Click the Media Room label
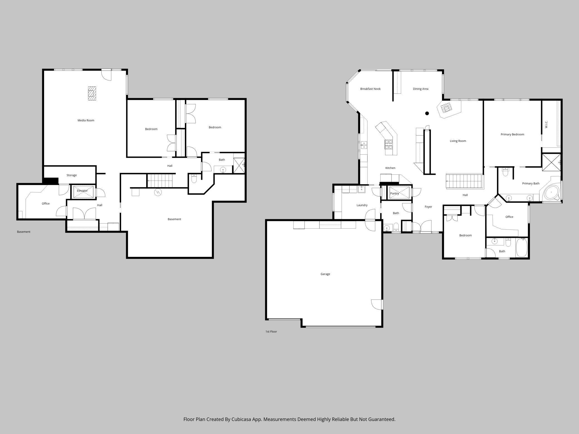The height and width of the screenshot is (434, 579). coord(86,120)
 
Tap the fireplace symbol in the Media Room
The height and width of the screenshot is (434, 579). coord(92,93)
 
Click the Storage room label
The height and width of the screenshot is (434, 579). coord(72,175)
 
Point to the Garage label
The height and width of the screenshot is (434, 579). coord(325,274)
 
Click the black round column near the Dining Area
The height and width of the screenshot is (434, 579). coord(427,113)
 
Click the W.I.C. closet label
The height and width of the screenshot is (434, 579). coord(546,124)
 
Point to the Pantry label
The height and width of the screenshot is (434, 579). coord(394,193)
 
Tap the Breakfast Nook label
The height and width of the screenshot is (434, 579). coord(370,89)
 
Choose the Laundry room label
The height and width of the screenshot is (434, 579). coord(362,205)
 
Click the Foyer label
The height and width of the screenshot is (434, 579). coord(428,207)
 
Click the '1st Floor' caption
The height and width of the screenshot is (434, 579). coord(271,332)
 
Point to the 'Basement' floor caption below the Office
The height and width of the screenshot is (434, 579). coord(24,232)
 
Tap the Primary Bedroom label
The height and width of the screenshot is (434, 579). coord(512,134)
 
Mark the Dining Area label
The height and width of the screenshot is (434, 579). coord(420,89)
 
